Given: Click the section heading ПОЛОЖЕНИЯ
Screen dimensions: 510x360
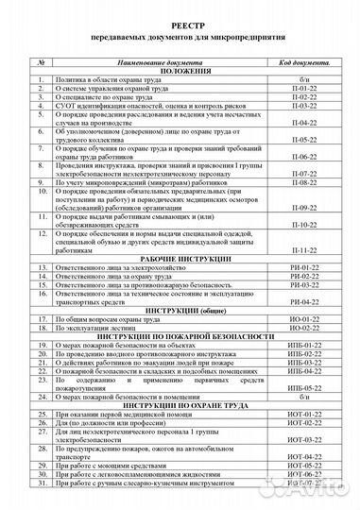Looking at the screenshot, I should pos(180,72).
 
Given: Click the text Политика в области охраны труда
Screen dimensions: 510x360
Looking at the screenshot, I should pos(105,82).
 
